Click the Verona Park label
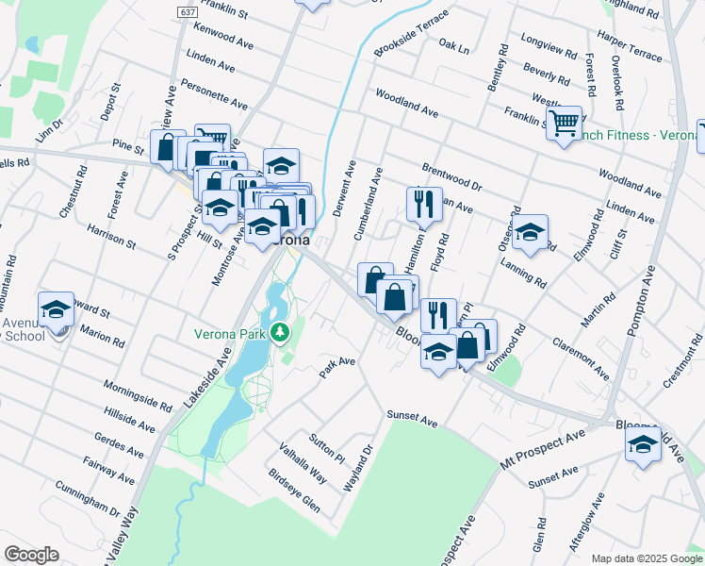point(228,333)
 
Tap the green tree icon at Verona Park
point(280,333)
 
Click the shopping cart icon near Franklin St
point(564,124)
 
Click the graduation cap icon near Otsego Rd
point(530,232)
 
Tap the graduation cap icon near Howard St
point(56,309)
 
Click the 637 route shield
point(186,10)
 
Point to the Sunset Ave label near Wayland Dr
point(412,417)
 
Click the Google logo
point(31,555)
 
